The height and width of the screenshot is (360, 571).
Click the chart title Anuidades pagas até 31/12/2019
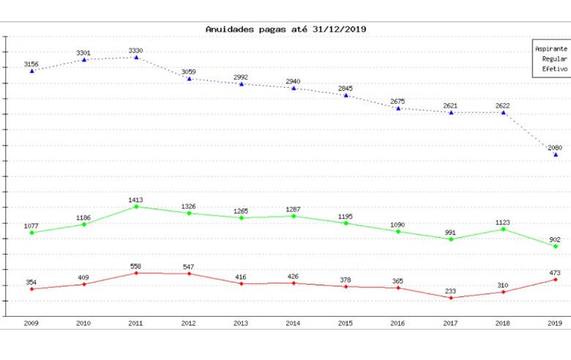(285, 29)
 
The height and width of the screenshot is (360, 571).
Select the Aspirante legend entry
(551, 48)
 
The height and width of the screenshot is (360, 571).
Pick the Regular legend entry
(555, 59)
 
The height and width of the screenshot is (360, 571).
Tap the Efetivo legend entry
(555, 69)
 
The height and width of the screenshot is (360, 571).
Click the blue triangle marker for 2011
(136, 57)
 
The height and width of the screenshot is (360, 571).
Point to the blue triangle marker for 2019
(556, 154)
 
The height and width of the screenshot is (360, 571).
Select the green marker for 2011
(136, 206)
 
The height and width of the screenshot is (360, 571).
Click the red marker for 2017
(451, 298)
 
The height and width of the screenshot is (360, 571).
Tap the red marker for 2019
(556, 280)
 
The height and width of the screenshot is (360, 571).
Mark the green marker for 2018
(504, 229)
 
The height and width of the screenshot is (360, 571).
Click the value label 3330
(136, 50)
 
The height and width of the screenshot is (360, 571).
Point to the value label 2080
(556, 148)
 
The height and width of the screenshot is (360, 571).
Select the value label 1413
(136, 199)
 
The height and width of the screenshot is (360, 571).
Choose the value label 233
(451, 290)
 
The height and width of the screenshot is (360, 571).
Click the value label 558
(136, 266)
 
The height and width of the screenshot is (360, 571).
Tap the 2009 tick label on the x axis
(31, 322)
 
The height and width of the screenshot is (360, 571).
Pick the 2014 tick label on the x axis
(294, 322)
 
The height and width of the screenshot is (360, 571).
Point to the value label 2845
(346, 89)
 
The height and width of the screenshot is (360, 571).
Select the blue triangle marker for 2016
(398, 108)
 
